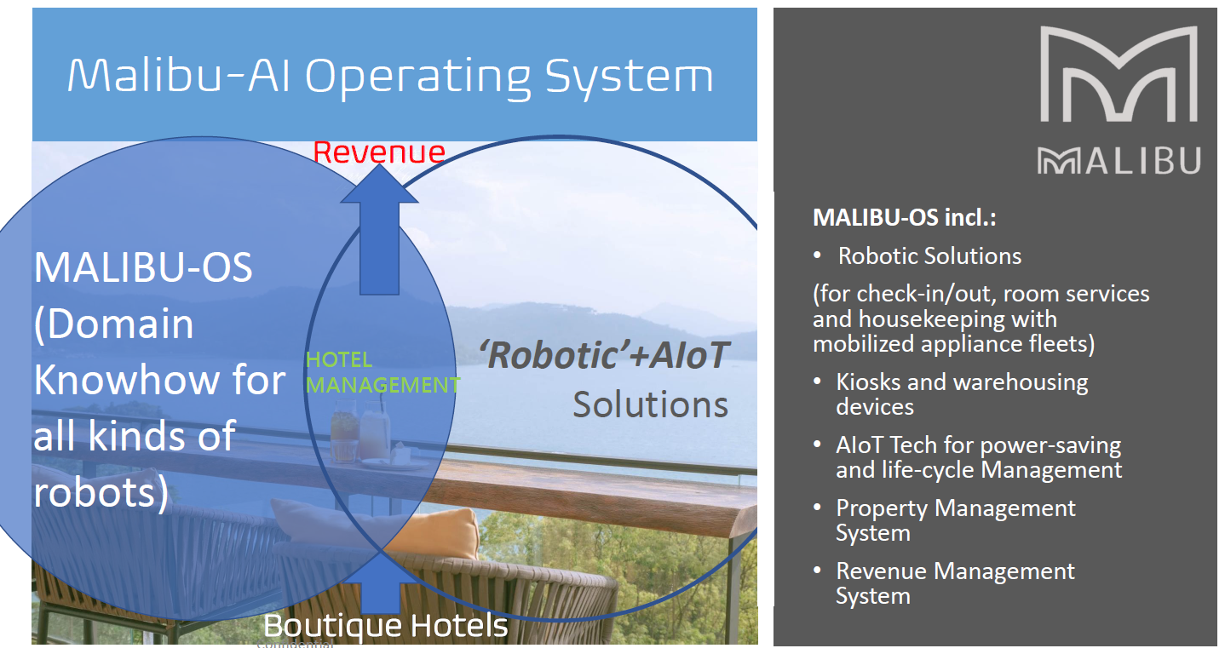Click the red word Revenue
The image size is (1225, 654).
click(x=379, y=152)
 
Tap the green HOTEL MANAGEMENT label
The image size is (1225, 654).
click(x=382, y=372)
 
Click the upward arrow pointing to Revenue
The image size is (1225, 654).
click(x=380, y=230)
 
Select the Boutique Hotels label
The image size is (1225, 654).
click(x=386, y=626)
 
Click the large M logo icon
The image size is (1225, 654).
click(x=1119, y=74)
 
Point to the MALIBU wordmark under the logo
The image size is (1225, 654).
click(x=1119, y=161)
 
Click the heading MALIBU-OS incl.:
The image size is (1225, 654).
click(x=905, y=218)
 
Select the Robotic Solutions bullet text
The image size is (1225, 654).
click(x=929, y=256)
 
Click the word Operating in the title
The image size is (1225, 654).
click(x=417, y=77)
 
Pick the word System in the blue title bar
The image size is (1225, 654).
click(x=630, y=77)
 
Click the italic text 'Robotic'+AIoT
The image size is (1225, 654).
click(x=604, y=355)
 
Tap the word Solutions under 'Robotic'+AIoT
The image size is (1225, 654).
click(x=650, y=404)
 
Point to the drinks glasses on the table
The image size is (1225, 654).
click(x=359, y=431)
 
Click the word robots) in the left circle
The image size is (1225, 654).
click(x=101, y=493)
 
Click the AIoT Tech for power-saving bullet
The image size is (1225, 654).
click(x=979, y=457)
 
